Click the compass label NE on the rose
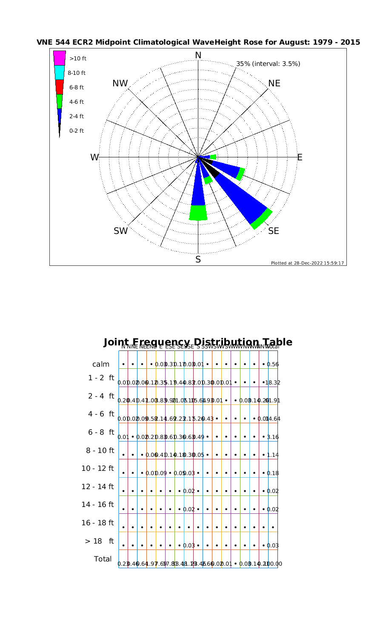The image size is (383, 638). point(274,83)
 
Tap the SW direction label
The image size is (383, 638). point(121,231)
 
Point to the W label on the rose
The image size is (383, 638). point(94,157)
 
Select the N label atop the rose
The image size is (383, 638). point(198,55)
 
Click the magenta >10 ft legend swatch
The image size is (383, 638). point(60,58)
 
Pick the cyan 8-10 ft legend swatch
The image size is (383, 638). point(60,72)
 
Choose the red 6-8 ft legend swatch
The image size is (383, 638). point(60,87)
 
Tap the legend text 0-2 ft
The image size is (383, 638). point(77,131)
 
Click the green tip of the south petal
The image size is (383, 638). point(198,213)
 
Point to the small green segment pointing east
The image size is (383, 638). point(213,157)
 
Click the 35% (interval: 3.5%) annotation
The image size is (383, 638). point(268,64)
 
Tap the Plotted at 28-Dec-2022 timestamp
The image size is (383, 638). point(307,263)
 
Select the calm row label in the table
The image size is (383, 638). point(101,364)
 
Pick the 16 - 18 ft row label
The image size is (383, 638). point(97,522)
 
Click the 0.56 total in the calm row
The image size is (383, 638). point(273,365)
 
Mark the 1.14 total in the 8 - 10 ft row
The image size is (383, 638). point(273,455)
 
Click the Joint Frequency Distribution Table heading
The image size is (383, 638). point(198,342)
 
